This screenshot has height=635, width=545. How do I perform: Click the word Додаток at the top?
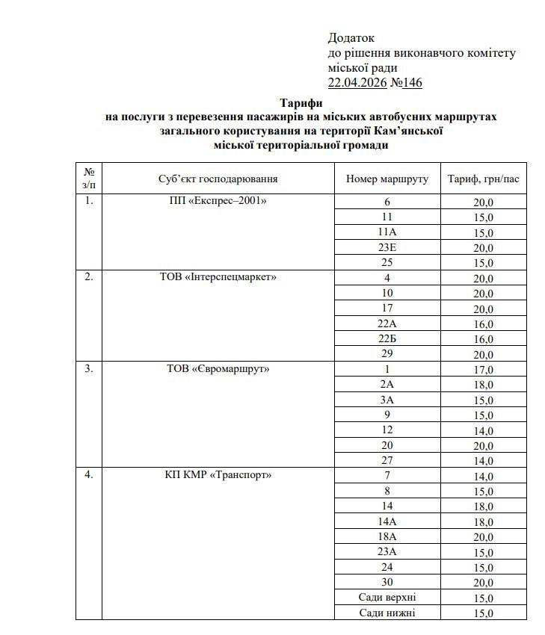pyautogui.click(x=351, y=37)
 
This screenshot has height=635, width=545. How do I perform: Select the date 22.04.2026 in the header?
pyautogui.click(x=357, y=82)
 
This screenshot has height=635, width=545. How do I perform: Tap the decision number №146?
pyautogui.click(x=407, y=82)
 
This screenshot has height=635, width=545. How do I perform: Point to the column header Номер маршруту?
pyautogui.click(x=387, y=179)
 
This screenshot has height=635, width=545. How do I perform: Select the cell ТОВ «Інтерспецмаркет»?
pyautogui.click(x=218, y=277)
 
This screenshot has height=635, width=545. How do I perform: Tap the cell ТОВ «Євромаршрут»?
pyautogui.click(x=218, y=368)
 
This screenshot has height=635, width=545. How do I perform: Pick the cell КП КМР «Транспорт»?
pyautogui.click(x=218, y=475)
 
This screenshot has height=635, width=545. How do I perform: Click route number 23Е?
pyautogui.click(x=387, y=247)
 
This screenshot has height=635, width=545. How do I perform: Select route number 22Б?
pyautogui.click(x=387, y=338)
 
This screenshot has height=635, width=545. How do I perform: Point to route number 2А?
pyautogui.click(x=387, y=384)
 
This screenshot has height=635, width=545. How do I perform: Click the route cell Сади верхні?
pyautogui.click(x=387, y=597)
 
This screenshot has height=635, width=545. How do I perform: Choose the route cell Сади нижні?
pyautogui.click(x=387, y=613)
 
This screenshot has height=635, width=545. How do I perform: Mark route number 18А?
pyautogui.click(x=387, y=536)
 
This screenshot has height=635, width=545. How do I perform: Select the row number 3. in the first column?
pyautogui.click(x=89, y=368)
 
